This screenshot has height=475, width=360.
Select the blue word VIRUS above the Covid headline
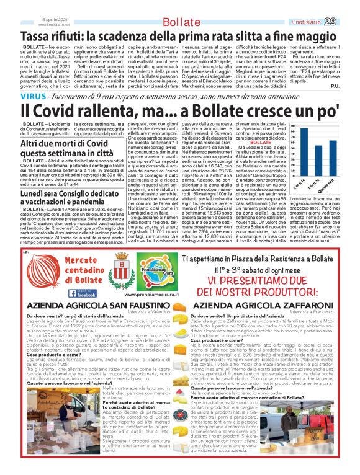[x=14, y=97]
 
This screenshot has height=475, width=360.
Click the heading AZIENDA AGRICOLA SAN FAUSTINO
[x=88, y=305]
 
